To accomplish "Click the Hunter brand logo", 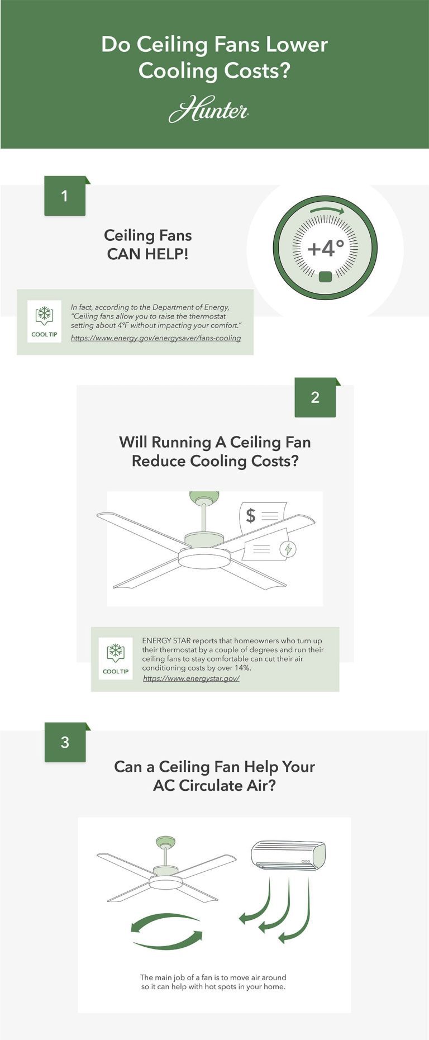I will tap(208, 110).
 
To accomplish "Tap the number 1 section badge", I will tap(65, 196).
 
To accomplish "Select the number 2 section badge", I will tap(315, 397).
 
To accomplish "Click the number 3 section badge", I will tap(65, 742).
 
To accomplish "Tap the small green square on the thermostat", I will tap(325, 277).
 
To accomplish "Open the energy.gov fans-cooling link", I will tap(156, 338).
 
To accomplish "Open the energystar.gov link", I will tap(191, 678).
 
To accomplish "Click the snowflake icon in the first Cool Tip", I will tap(44, 315).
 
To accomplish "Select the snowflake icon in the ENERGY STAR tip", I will tap(116, 652).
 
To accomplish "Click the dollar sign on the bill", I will tap(251, 515).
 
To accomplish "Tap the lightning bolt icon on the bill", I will tap(288, 549).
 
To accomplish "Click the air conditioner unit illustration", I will tap(288, 856).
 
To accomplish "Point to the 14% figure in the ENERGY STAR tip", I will tap(242, 668).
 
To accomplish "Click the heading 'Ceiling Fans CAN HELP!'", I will tap(148, 245).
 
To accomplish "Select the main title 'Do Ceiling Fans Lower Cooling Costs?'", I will tap(214, 58).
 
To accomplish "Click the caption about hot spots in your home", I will tap(213, 982).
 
